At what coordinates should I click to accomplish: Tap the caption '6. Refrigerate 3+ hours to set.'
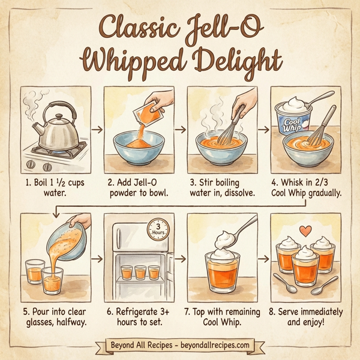tap(139, 317)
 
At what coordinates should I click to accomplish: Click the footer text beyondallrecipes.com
tap(211, 346)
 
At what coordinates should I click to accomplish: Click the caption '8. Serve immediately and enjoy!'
tap(305, 317)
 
